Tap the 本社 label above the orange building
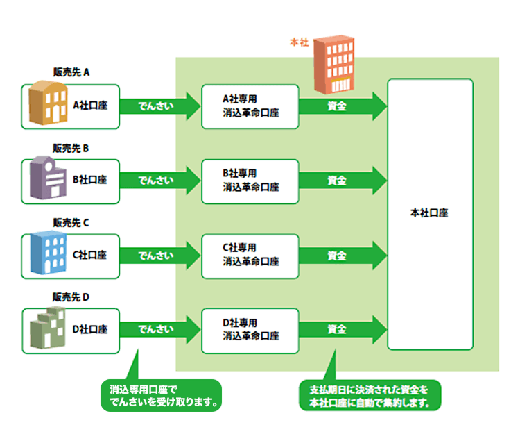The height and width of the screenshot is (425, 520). [299, 43]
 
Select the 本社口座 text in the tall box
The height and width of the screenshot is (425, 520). [429, 212]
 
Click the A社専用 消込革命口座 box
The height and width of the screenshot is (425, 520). [250, 106]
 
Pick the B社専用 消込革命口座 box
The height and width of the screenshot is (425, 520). [250, 181]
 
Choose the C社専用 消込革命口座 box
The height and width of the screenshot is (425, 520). [250, 255]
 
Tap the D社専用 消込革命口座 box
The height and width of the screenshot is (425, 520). [250, 329]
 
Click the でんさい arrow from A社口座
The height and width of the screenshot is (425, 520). [158, 106]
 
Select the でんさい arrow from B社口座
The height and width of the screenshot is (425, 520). [158, 181]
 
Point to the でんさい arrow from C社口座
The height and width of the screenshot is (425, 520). [158, 255]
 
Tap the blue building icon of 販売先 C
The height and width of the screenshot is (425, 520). [46, 253]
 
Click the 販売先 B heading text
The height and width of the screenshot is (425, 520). [72, 148]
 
